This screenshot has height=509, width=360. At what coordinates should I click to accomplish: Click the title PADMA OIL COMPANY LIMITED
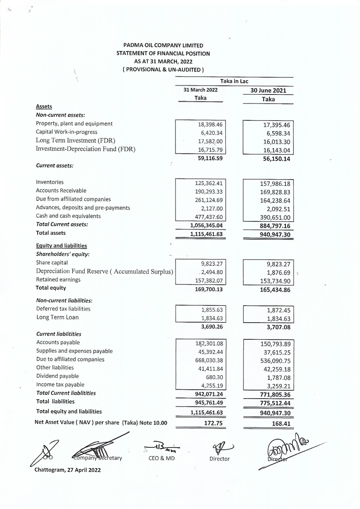(163, 45)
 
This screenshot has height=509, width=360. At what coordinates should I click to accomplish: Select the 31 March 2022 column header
(200, 90)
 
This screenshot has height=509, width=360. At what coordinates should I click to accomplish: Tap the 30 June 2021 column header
(268, 90)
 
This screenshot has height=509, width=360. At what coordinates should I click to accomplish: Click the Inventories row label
(49, 182)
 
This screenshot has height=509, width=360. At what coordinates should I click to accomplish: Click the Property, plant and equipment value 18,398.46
(211, 124)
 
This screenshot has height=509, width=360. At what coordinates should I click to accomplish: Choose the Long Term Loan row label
(57, 317)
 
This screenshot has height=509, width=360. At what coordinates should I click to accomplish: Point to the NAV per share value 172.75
(213, 423)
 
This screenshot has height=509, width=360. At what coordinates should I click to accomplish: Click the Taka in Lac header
(234, 81)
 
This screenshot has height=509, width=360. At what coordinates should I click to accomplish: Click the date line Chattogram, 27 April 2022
(67, 470)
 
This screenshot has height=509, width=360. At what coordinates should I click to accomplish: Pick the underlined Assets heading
(44, 107)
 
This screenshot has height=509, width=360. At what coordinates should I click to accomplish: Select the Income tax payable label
(60, 385)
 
